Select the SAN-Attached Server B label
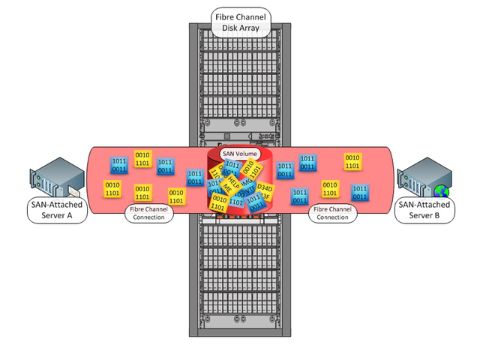click(424, 210)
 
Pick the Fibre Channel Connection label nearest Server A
click(148, 213)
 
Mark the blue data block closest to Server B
click(361, 192)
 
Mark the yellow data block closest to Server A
click(112, 188)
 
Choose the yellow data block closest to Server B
click(352, 161)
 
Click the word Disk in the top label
click(228, 30)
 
